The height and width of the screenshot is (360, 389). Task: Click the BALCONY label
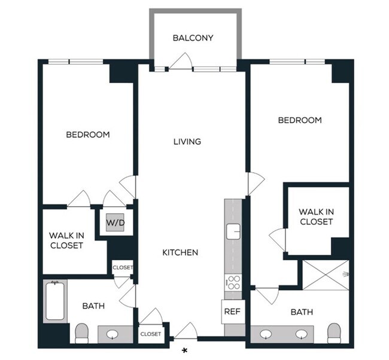[x=193, y=38]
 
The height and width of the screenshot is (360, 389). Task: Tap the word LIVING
[x=187, y=142]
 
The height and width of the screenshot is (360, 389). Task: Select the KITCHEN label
[x=180, y=252]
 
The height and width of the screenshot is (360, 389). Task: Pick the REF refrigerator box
[x=232, y=312]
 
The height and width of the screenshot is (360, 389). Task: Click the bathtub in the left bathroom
[x=54, y=301]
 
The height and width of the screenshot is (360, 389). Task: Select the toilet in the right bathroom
[x=334, y=332]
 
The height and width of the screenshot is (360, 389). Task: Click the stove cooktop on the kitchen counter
[x=232, y=282]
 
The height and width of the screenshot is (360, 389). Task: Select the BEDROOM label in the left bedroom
[x=88, y=135]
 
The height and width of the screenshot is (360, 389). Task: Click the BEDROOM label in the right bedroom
[x=300, y=120]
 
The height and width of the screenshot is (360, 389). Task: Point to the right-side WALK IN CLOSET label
[x=316, y=216]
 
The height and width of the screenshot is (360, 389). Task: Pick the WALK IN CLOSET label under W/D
[x=66, y=240]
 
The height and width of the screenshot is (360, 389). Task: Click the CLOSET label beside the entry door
[x=150, y=334]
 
